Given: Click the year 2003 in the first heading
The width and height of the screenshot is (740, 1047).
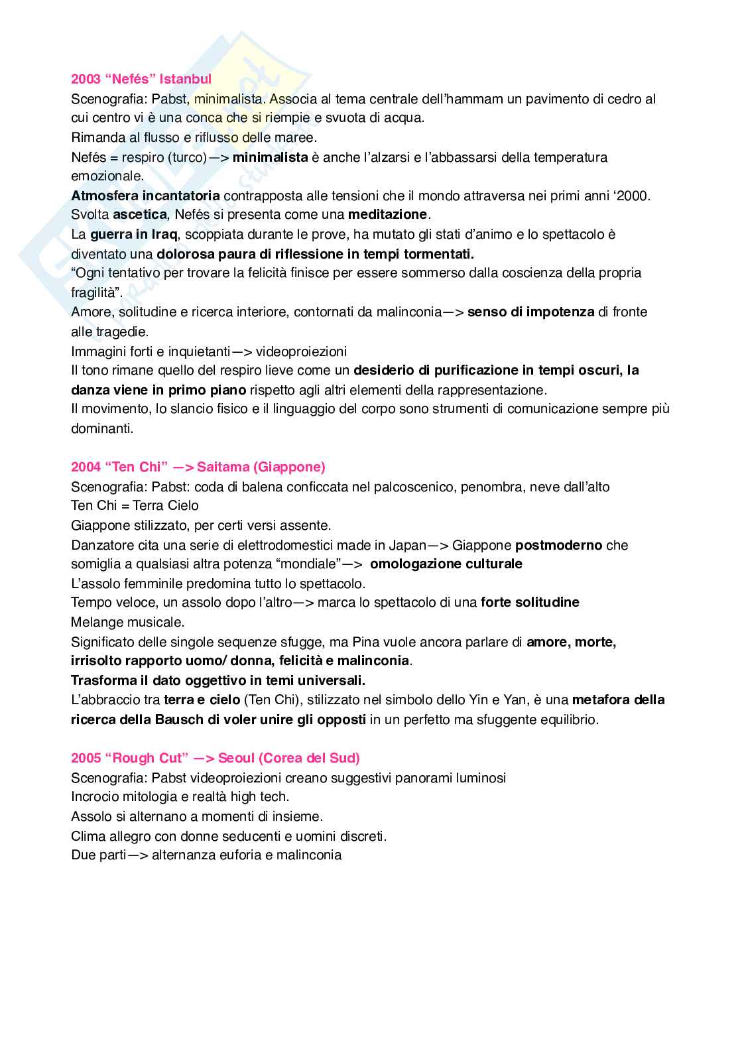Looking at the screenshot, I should tap(86, 79).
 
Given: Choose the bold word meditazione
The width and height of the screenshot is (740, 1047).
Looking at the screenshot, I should tap(387, 214).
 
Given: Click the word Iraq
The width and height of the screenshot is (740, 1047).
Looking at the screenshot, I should tap(163, 234).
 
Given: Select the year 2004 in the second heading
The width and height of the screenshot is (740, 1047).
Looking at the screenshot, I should tap(86, 467).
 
